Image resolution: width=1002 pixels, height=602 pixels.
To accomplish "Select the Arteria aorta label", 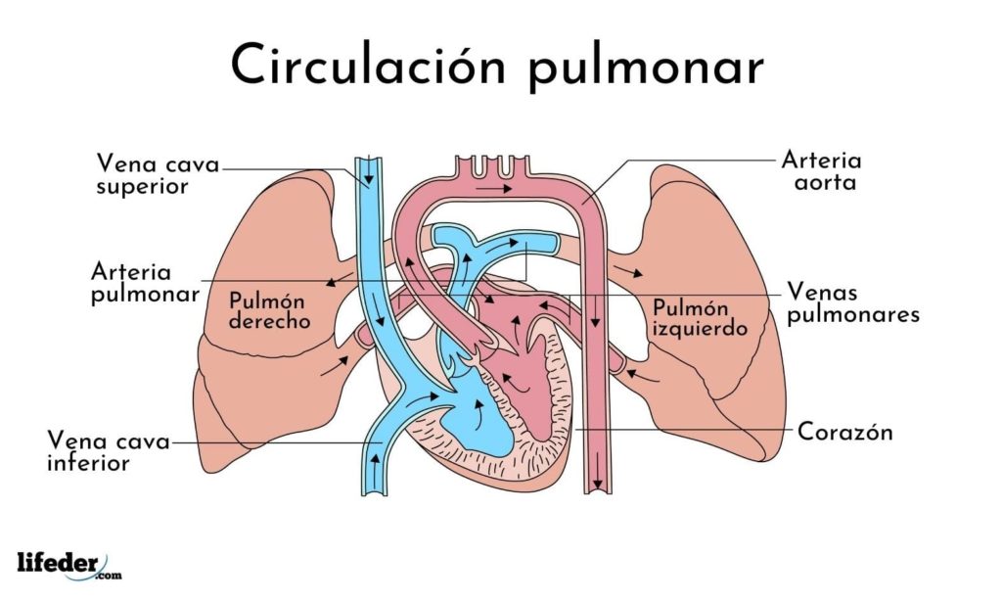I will (x=821, y=170).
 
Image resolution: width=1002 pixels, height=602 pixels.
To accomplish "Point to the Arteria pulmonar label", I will (x=145, y=282).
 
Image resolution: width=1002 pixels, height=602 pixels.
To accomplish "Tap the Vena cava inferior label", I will (x=108, y=453).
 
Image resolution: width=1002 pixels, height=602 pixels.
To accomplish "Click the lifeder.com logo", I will (x=69, y=564).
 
